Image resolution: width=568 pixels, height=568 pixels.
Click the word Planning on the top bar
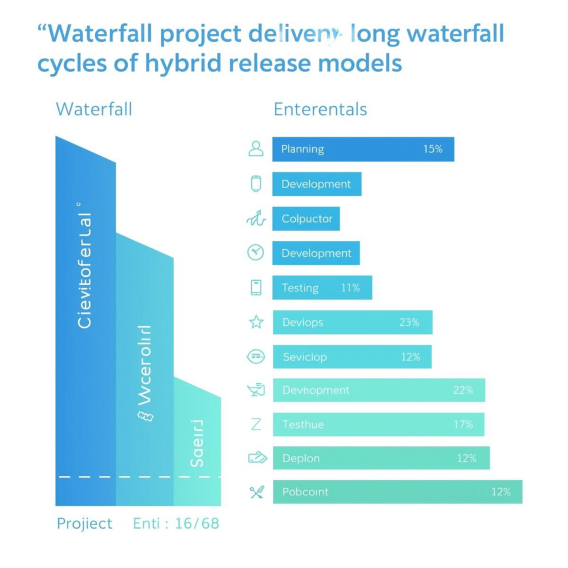[x=302, y=149]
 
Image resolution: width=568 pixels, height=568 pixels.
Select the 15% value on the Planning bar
[x=433, y=149]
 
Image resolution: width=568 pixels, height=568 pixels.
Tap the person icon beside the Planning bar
[x=256, y=149]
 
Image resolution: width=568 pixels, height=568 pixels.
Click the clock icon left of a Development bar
[x=255, y=253]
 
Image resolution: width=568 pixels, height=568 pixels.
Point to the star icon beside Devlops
[x=256, y=322]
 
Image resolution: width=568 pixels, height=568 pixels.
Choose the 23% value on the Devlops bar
[x=409, y=322]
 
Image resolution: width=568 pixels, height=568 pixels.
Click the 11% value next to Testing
[x=350, y=288]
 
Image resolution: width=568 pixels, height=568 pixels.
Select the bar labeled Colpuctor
[x=306, y=219]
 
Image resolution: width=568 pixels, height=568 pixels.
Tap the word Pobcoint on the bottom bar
[x=305, y=492]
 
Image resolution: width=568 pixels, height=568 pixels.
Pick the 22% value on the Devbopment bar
[x=463, y=390]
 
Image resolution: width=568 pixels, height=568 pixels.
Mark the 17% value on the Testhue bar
[x=463, y=424]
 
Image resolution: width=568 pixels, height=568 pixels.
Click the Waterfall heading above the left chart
[x=94, y=109]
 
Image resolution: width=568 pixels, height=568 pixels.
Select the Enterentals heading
[x=320, y=109]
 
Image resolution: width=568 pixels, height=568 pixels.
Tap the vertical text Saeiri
[x=197, y=444]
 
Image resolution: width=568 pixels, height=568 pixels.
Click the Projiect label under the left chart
[x=84, y=524]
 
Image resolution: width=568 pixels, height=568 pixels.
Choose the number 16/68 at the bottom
[x=197, y=524]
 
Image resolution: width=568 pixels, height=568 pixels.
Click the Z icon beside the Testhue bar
[x=256, y=424]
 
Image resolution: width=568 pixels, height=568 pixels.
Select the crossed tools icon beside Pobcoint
[x=256, y=491]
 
